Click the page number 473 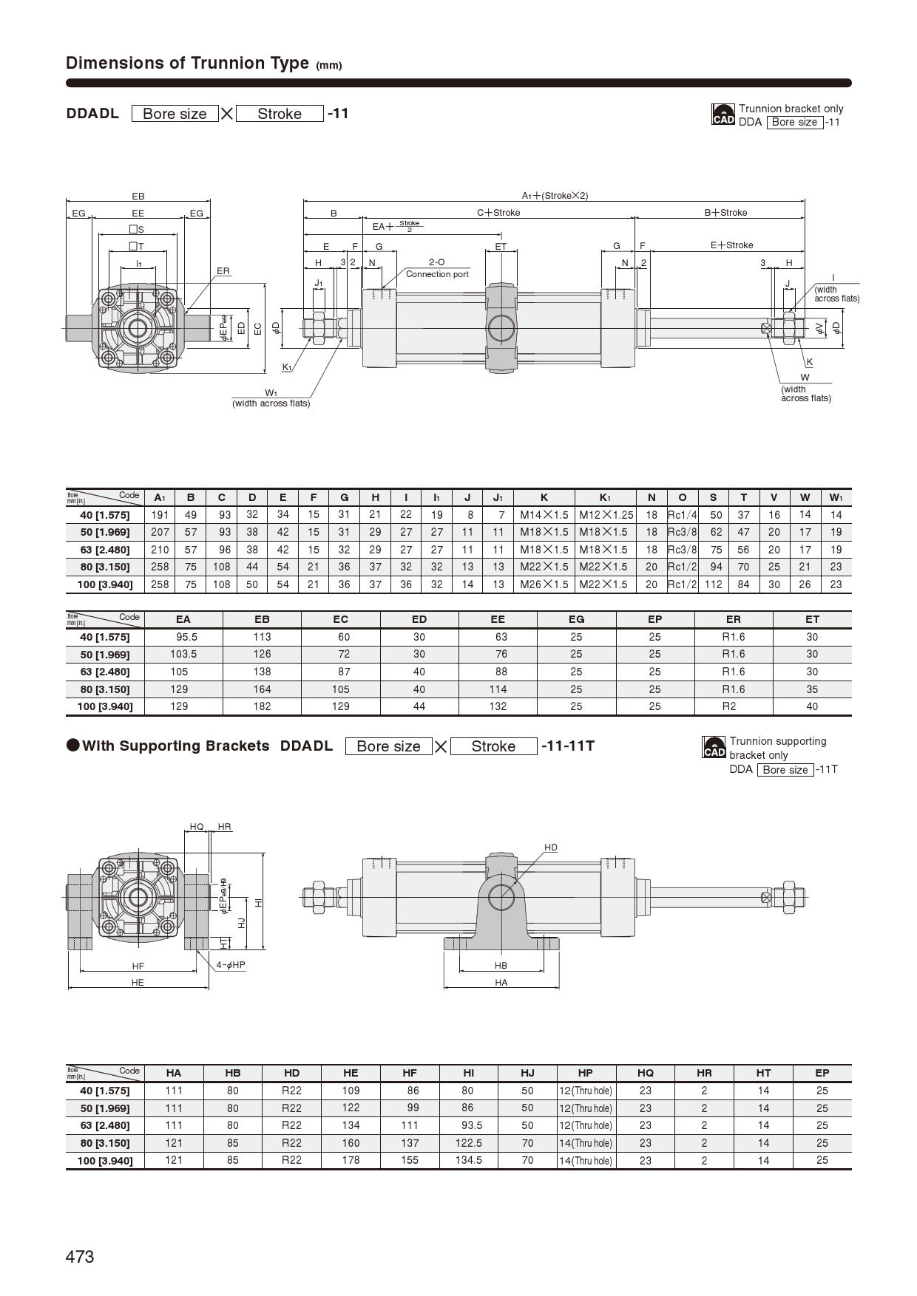80,1256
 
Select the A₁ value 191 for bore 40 160,514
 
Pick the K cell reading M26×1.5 544,584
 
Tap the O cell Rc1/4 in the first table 682,514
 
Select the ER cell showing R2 733,706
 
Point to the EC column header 340,619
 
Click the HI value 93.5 468,1125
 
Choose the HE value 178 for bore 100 351,1160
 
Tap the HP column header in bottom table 585,1073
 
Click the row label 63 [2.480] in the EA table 104,672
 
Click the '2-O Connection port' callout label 437,268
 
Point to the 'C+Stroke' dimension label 498,213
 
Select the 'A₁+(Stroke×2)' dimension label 555,196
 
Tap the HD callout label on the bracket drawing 550,847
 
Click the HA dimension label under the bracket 501,983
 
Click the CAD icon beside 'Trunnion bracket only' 723,115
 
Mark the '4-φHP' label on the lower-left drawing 231,965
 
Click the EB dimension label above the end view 138,197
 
